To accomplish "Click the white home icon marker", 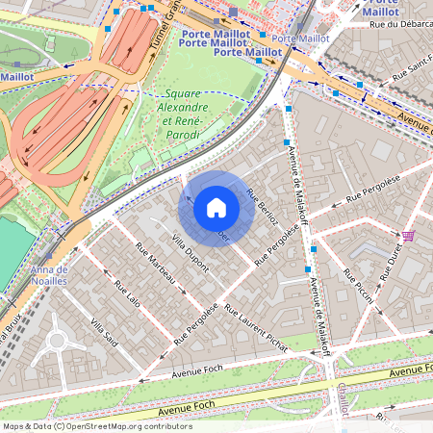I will pos(216,207).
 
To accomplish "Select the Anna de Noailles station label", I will pos(49,277).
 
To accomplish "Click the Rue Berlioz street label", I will pos(263,205).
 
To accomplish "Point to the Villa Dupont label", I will pos(190,253).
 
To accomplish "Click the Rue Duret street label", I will pos(392,260).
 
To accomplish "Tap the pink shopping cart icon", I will pos(409,236).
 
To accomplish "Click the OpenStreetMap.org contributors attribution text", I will pos(124,425).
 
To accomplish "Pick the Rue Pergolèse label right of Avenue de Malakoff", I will pos(366,193).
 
